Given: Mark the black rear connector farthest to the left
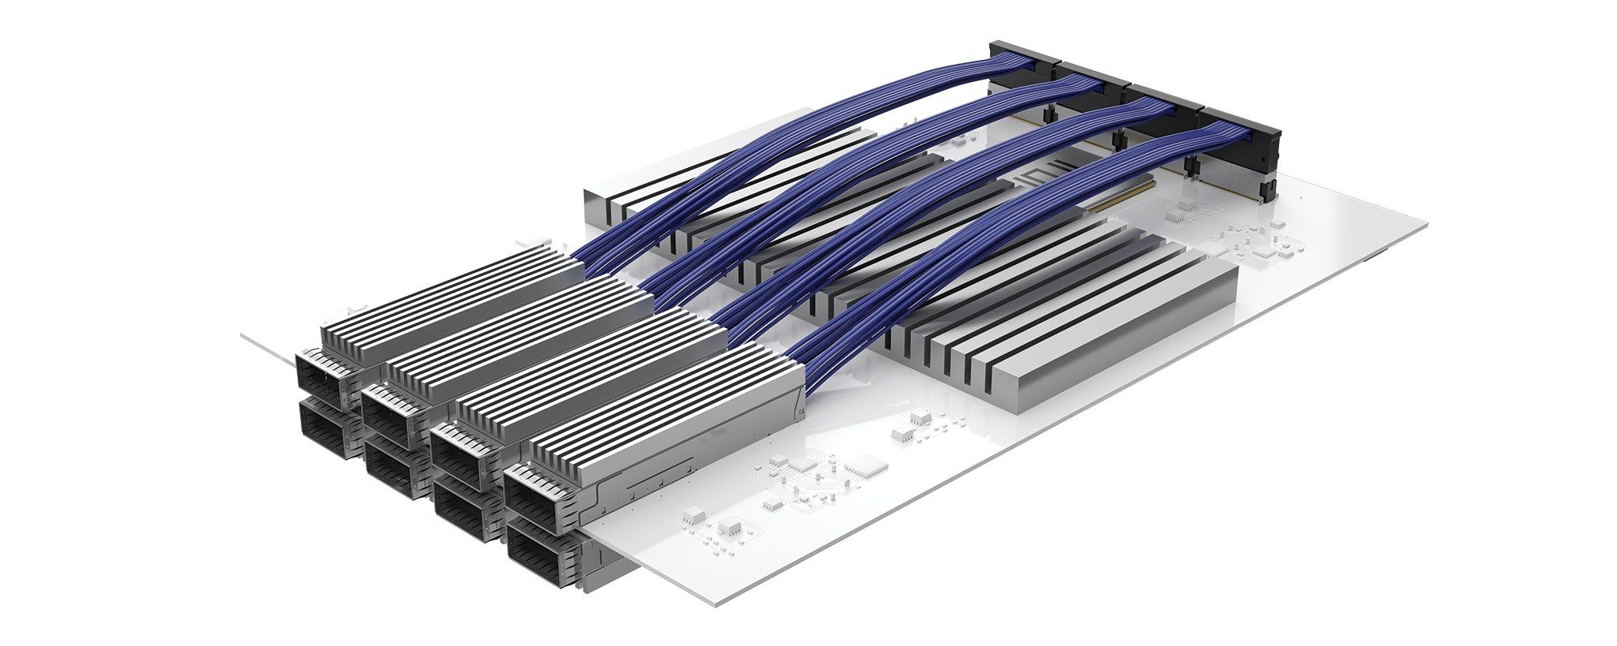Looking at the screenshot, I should (1026, 63).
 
